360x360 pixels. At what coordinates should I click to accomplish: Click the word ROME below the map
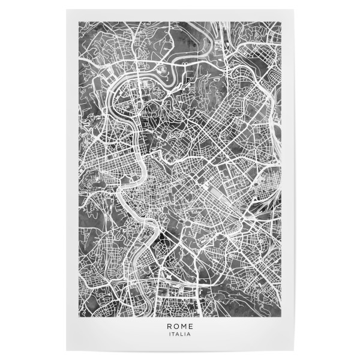tap(180, 328)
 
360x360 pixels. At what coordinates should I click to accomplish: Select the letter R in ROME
tap(170, 328)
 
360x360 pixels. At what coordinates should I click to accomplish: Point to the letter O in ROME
tap(176, 328)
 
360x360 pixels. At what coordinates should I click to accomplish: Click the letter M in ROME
tap(184, 328)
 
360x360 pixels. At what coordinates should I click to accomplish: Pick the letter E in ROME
tap(190, 328)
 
